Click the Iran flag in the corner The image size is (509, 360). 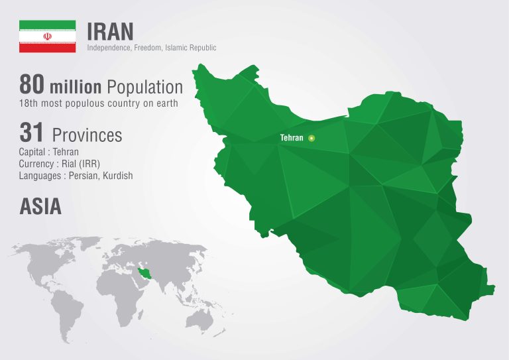[47, 36]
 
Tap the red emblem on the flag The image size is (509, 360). [47, 36]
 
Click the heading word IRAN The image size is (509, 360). [111, 30]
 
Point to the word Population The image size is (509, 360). [144, 87]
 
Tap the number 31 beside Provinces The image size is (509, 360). [32, 133]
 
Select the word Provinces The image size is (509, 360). [87, 135]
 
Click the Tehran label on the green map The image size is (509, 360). [292, 138]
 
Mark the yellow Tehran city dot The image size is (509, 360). [312, 138]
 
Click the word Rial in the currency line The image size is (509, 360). [70, 164]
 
